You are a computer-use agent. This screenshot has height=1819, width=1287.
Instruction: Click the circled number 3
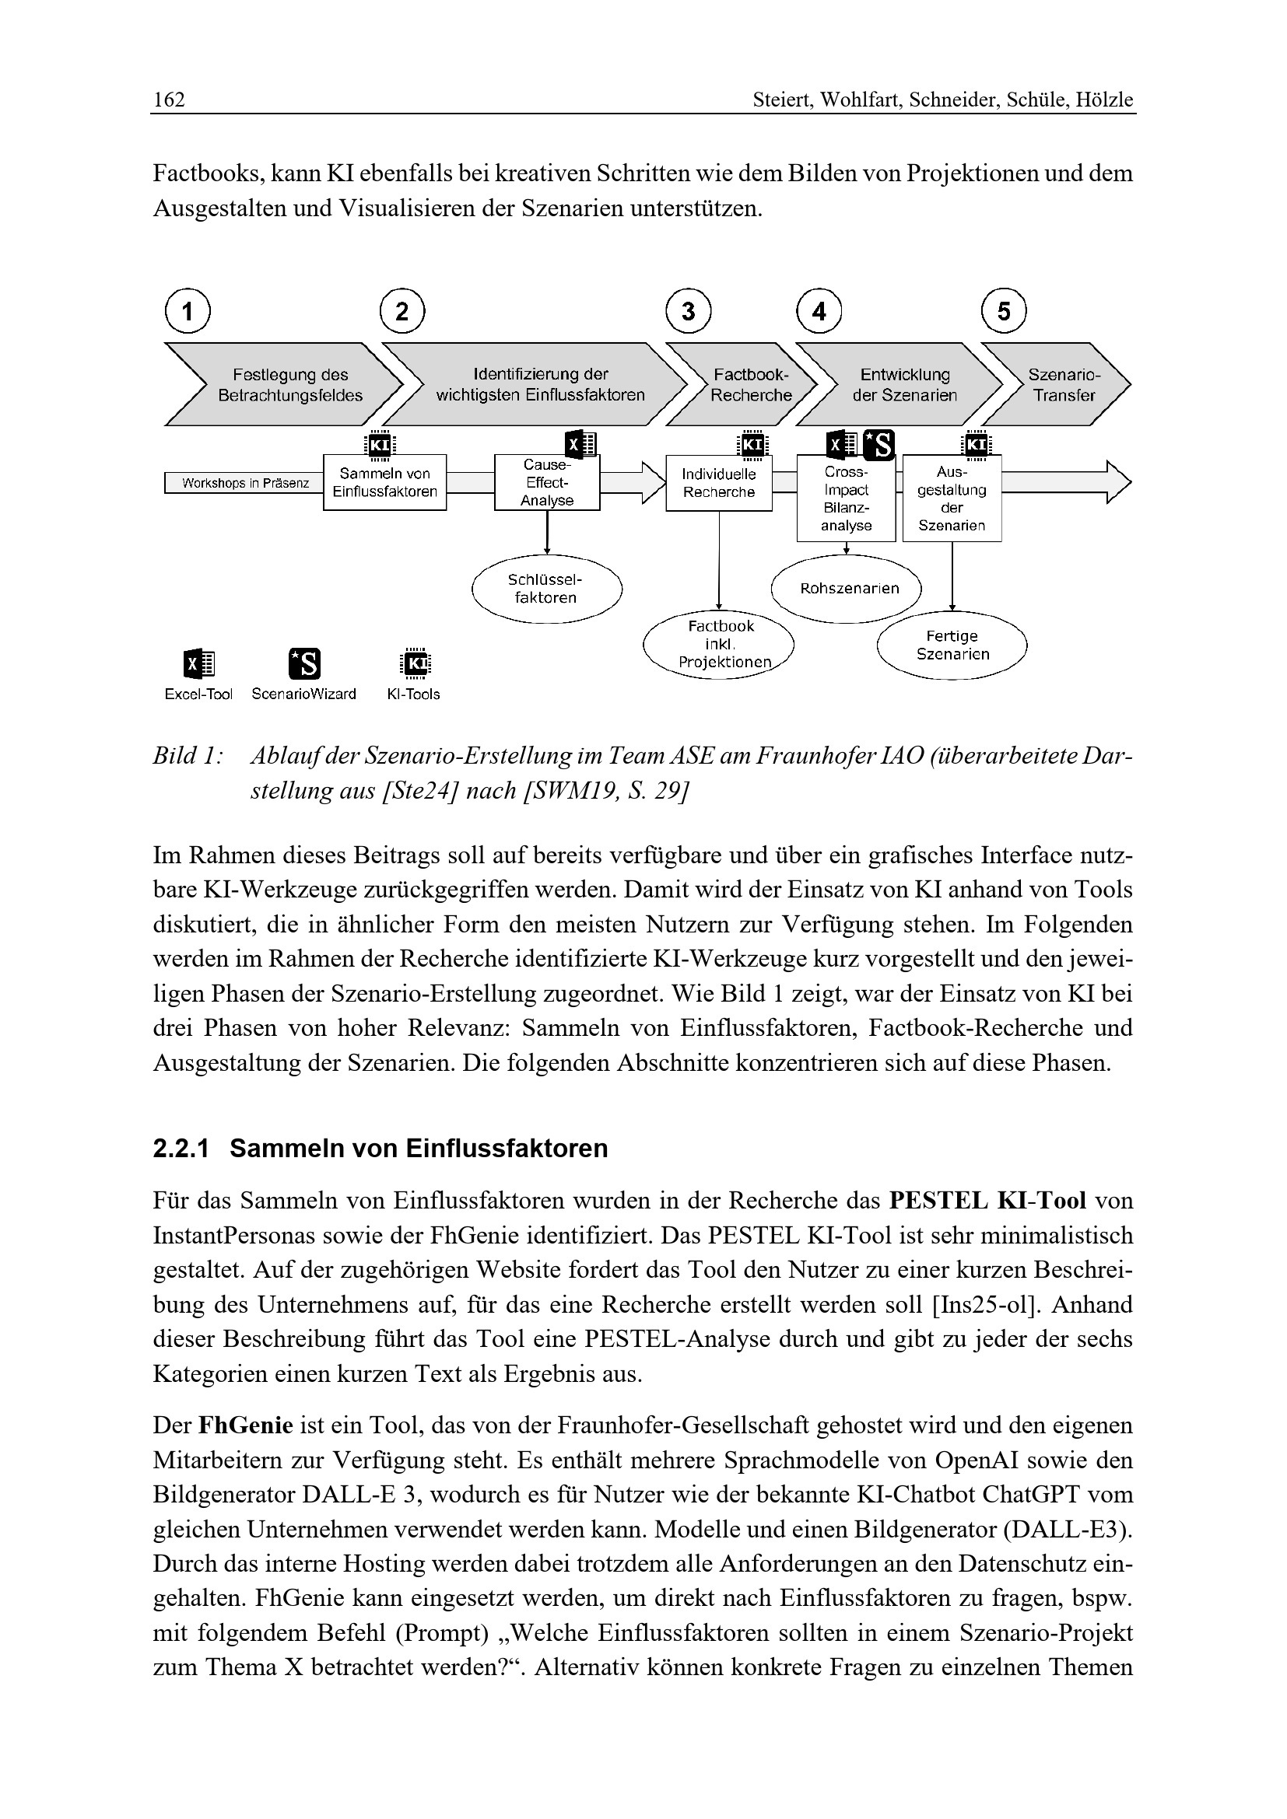pyautogui.click(x=688, y=311)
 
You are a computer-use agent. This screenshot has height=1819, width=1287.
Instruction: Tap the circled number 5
pyautogui.click(x=1003, y=311)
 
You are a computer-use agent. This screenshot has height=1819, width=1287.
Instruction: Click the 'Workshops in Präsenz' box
pyautogui.click(x=244, y=483)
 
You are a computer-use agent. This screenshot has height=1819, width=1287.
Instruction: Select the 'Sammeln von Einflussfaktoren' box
pyautogui.click(x=384, y=482)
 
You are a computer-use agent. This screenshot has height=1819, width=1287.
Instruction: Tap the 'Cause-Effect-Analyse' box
pyautogui.click(x=547, y=482)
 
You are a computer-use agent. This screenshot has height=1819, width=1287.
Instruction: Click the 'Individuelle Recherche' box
pyautogui.click(x=719, y=483)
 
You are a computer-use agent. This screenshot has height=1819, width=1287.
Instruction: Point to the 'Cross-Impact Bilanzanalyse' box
pyautogui.click(x=846, y=498)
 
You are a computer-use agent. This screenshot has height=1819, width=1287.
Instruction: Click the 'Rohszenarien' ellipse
pyautogui.click(x=848, y=589)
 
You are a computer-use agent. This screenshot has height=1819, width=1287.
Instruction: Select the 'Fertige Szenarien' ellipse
pyautogui.click(x=952, y=645)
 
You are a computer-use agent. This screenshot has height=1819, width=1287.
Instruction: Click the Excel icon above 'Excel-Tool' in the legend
pyautogui.click(x=199, y=664)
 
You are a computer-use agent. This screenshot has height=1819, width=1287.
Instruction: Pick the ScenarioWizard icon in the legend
pyautogui.click(x=304, y=664)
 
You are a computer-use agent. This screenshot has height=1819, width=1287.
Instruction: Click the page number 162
pyautogui.click(x=169, y=100)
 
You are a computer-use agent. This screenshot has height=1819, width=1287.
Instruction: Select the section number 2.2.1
pyautogui.click(x=181, y=1149)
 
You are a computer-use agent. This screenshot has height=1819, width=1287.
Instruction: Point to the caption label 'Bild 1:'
pyautogui.click(x=186, y=756)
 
